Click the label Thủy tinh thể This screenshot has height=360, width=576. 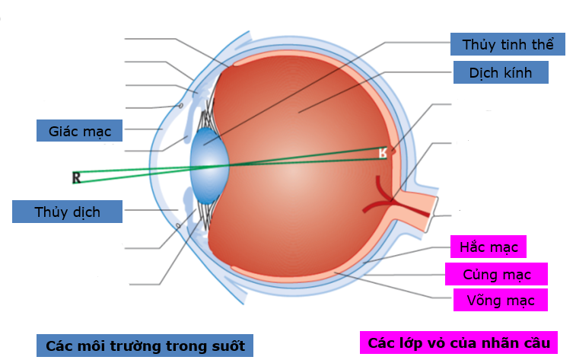pyautogui.click(x=508, y=43)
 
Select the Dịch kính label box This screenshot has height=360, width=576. pyautogui.click(x=501, y=73)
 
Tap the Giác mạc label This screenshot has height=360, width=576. pyautogui.click(x=80, y=131)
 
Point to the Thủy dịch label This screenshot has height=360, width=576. pyautogui.click(x=67, y=212)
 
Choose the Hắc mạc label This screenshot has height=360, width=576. pyautogui.click(x=488, y=247)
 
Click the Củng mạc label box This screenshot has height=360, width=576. pyautogui.click(x=498, y=274)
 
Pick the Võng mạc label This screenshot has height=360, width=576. pyautogui.click(x=500, y=300)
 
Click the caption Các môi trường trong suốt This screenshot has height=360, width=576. pyautogui.click(x=145, y=346)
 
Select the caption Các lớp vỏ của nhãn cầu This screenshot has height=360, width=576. pyautogui.click(x=459, y=342)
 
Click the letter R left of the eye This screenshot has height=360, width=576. pyautogui.click(x=76, y=178)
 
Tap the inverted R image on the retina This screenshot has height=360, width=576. pyautogui.click(x=383, y=153)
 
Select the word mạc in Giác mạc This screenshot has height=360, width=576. pyautogui.click(x=97, y=131)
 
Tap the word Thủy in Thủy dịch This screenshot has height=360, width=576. pyautogui.click(x=49, y=212)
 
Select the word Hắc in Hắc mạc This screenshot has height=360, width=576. pyautogui.click(x=473, y=247)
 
